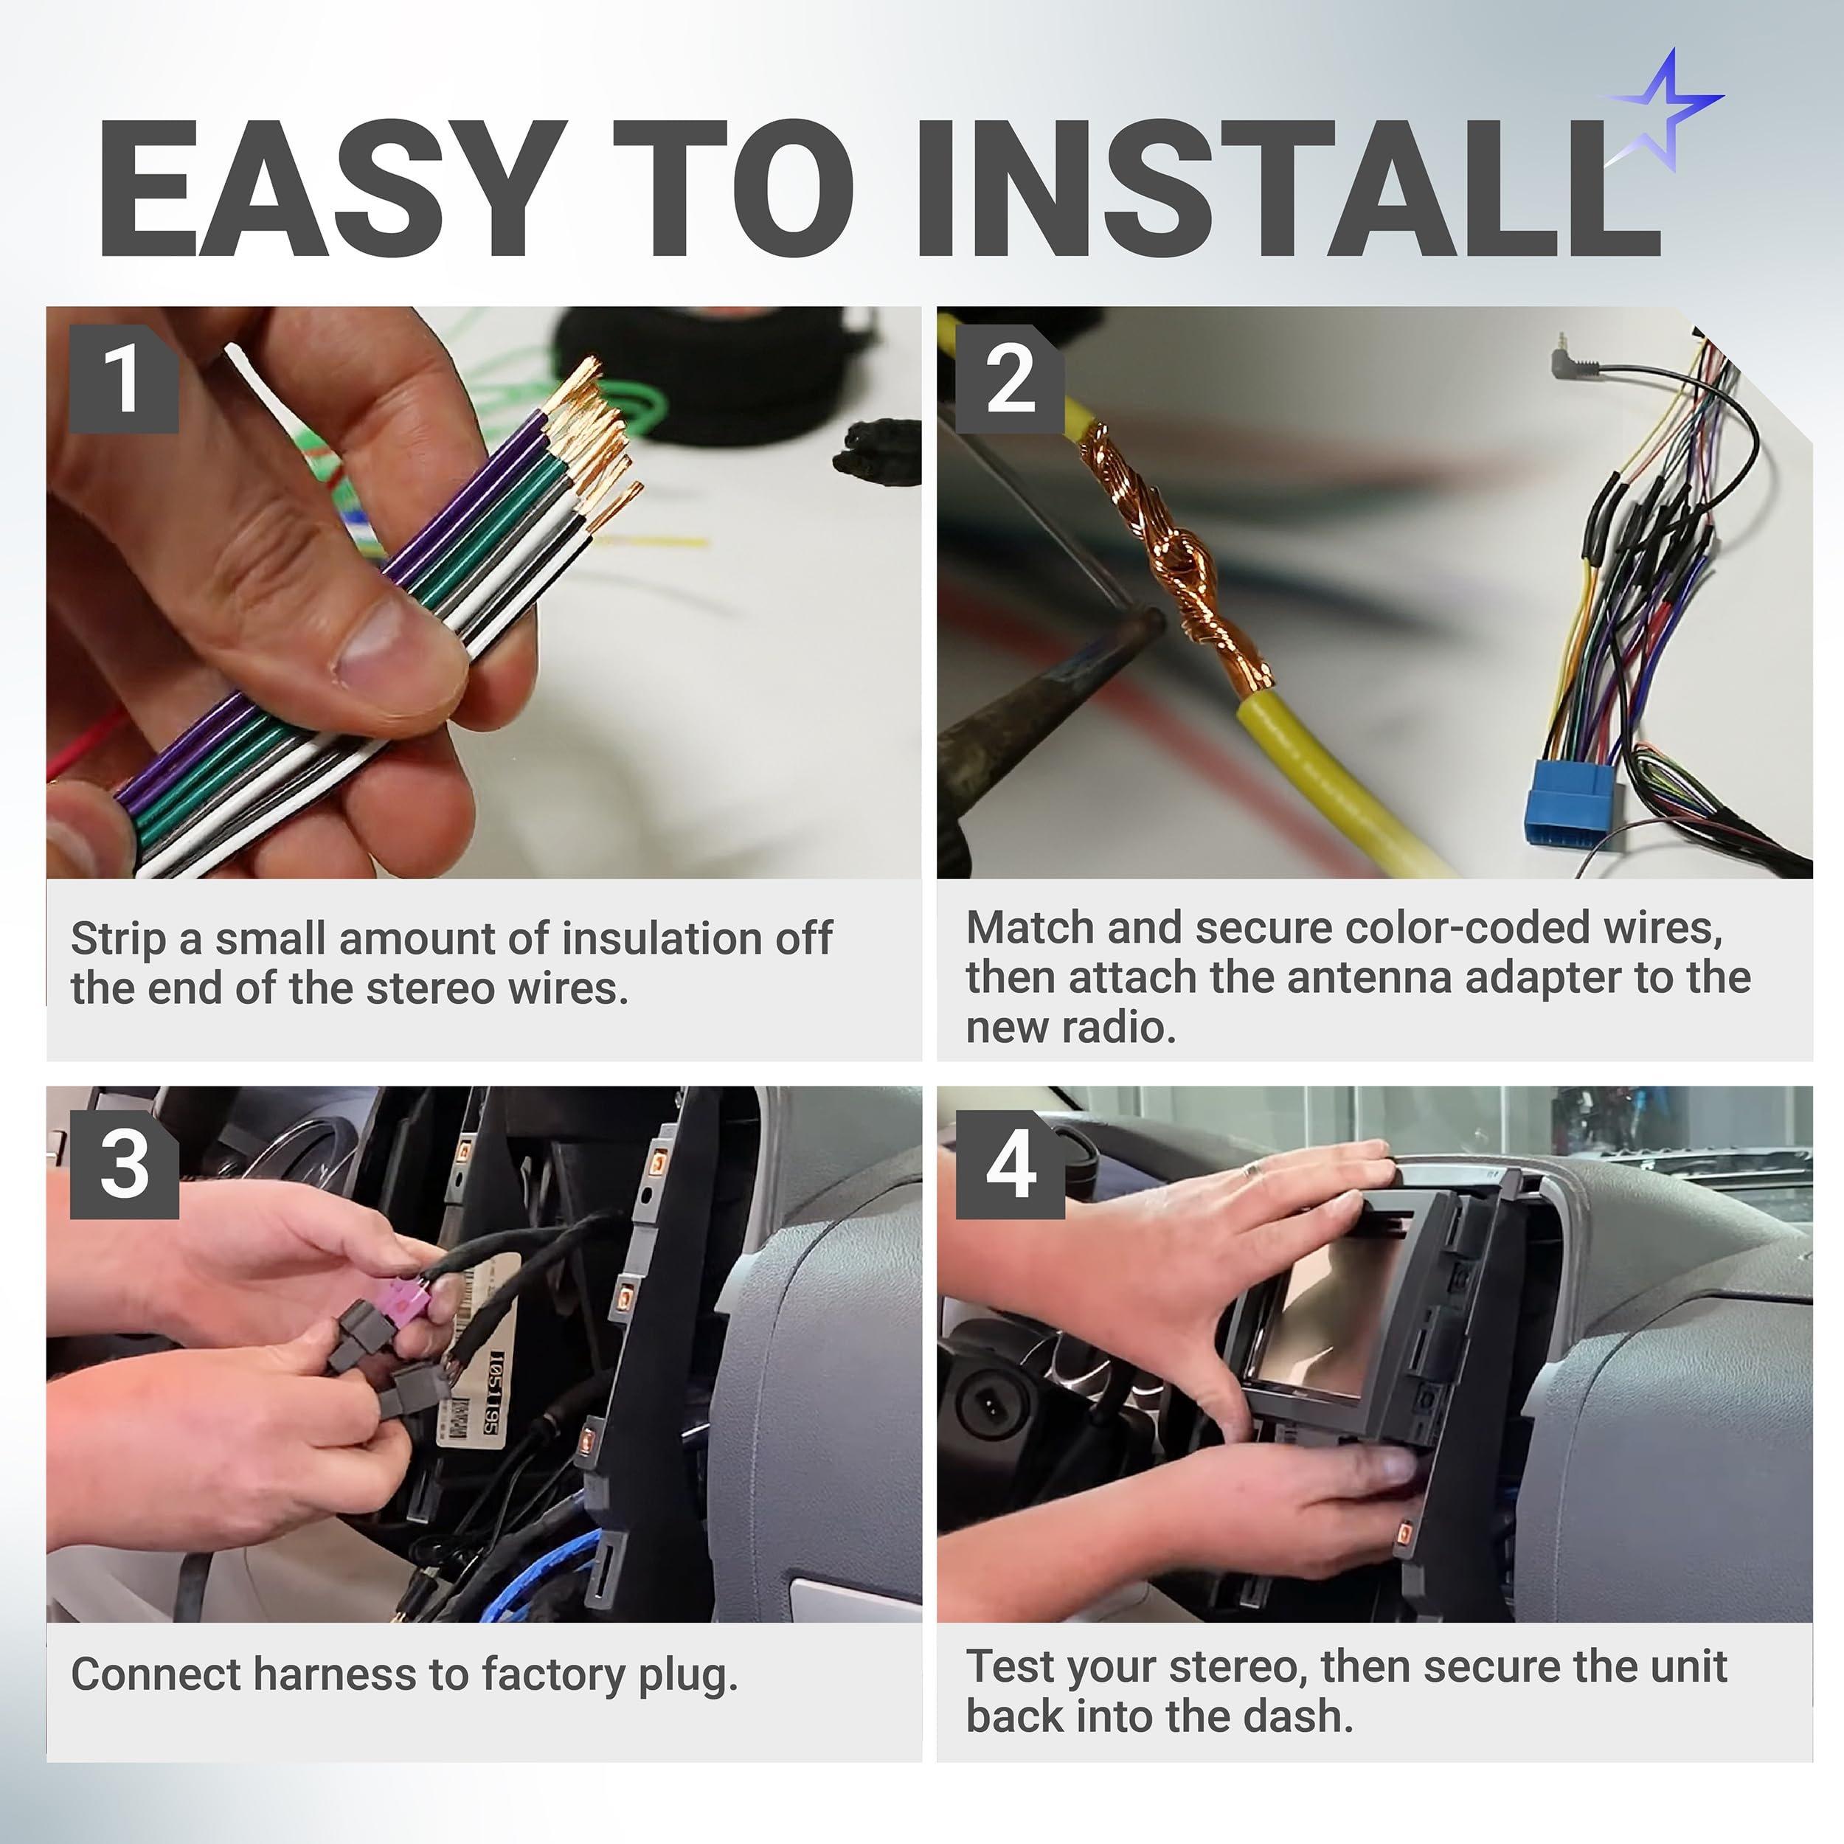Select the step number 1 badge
point(123,379)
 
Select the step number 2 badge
point(1010,379)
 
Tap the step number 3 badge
point(123,1165)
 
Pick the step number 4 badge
point(1010,1165)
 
